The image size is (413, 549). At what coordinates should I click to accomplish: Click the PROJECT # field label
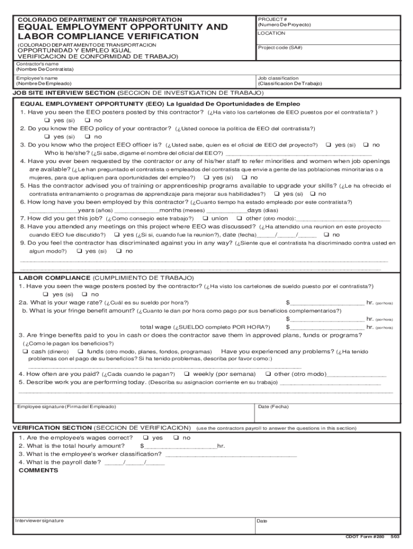tap(270, 19)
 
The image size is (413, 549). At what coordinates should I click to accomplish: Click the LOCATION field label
tap(271, 33)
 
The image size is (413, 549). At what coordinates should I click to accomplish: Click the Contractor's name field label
tap(38, 63)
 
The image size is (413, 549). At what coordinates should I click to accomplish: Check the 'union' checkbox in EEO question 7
tap(206, 218)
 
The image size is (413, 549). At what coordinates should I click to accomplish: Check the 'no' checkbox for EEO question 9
tap(120, 251)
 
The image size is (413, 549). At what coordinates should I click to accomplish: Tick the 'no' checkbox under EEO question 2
tap(87, 137)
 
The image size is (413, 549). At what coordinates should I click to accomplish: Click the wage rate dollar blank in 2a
tap(327, 302)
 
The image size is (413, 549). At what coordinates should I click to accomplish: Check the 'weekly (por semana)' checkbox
tap(187, 374)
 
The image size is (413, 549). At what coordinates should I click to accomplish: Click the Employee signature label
tap(67, 407)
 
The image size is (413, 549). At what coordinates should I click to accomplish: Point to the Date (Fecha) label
tap(273, 407)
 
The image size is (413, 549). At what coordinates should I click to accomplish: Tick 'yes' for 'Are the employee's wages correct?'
tap(145, 437)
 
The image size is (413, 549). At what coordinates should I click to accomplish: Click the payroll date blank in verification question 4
tap(135, 462)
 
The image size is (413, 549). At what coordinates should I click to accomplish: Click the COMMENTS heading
tap(38, 470)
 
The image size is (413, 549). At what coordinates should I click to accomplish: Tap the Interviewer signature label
tap(40, 521)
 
